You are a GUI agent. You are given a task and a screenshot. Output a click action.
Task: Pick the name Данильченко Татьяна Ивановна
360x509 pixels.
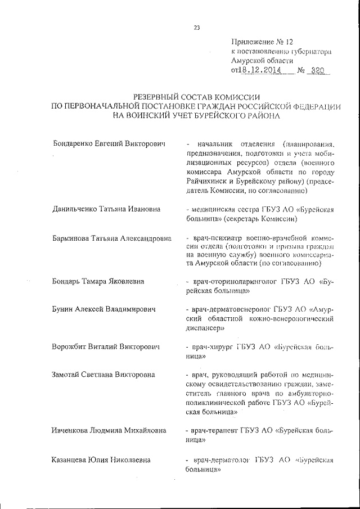pos(106,209)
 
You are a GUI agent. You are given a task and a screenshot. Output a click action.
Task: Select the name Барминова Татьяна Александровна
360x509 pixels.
pos(112,238)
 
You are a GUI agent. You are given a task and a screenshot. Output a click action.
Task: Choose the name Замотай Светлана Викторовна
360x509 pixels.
pos(103,374)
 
